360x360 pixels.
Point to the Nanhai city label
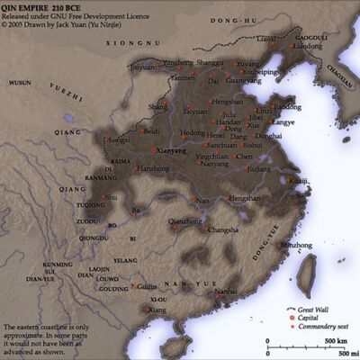coord(226,292)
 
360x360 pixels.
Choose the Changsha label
coord(223,229)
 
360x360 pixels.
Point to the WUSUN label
coord(20,82)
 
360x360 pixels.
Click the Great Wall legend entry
coord(310,309)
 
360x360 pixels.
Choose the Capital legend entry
coord(305,318)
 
